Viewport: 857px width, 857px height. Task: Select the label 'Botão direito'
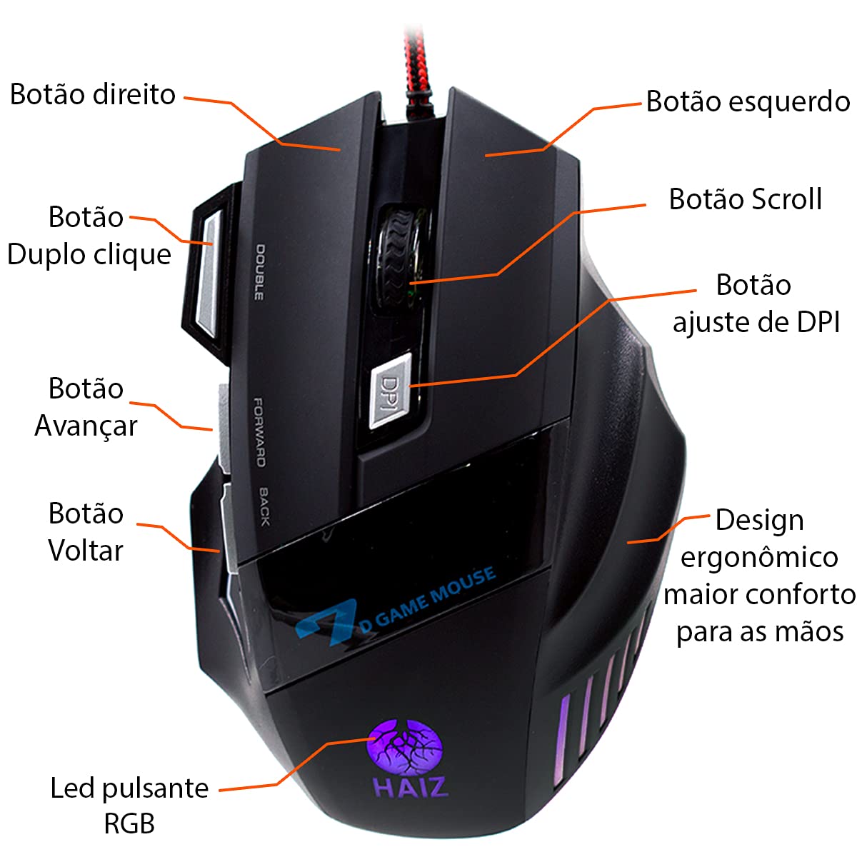click(x=93, y=94)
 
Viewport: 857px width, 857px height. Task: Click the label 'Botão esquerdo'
click(x=748, y=101)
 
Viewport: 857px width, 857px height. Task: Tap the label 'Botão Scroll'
click(x=745, y=199)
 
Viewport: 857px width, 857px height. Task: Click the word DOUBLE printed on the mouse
click(x=259, y=272)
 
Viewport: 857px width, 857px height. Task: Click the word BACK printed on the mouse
click(x=264, y=506)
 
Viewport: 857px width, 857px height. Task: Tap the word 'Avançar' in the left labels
click(x=86, y=426)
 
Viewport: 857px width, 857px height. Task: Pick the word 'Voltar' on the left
click(x=86, y=551)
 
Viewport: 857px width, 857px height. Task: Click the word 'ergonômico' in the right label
click(x=759, y=557)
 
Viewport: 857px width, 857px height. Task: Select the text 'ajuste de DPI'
click(x=756, y=322)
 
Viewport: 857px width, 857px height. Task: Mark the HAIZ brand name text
click(x=411, y=786)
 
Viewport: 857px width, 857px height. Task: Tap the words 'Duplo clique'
click(x=89, y=255)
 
